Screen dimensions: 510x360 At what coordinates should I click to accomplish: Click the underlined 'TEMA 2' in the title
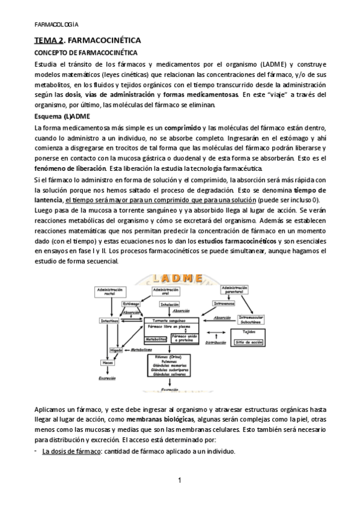coord(46,40)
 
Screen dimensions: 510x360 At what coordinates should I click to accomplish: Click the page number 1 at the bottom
coord(180,480)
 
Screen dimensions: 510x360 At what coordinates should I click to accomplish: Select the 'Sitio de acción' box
coord(248,341)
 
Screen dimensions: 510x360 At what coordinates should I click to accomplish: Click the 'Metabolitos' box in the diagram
coord(155,339)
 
